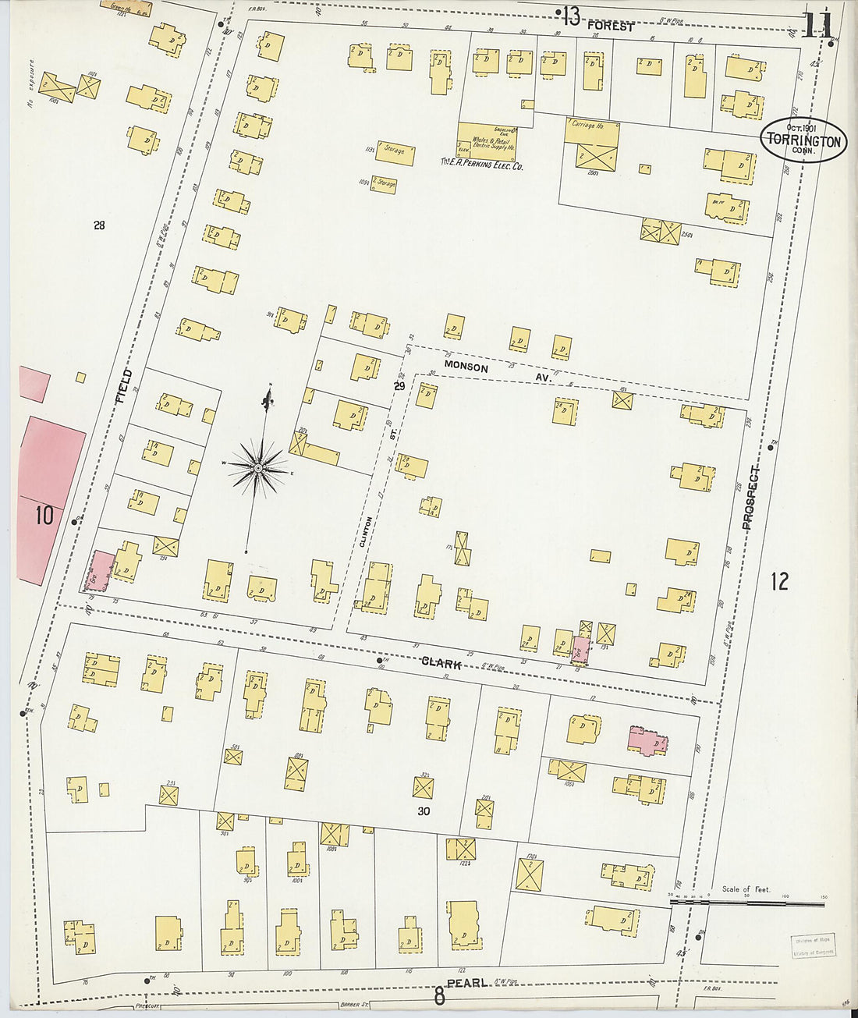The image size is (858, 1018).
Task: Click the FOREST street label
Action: click(x=611, y=26)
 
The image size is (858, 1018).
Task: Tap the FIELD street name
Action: click(x=124, y=386)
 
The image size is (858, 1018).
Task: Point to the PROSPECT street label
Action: click(x=750, y=498)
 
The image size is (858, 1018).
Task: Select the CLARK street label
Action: click(x=441, y=663)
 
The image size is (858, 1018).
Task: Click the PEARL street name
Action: click(x=466, y=984)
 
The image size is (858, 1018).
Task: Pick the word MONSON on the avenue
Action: click(x=466, y=367)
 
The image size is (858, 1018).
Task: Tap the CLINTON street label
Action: click(x=367, y=531)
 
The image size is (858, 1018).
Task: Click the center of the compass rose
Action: click(x=258, y=468)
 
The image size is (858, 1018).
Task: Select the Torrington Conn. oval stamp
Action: click(x=803, y=140)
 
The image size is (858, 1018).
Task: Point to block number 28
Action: click(x=99, y=225)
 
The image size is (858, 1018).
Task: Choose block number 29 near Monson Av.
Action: click(x=399, y=385)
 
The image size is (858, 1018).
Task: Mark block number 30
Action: click(x=423, y=811)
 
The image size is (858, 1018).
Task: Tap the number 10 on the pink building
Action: click(x=44, y=515)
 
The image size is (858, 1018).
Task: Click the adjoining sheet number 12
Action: click(x=778, y=581)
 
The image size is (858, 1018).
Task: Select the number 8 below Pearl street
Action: click(x=439, y=996)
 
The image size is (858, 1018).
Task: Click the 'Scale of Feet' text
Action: click(x=746, y=889)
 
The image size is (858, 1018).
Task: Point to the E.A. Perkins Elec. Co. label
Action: click(x=481, y=165)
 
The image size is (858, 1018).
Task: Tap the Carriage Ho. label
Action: click(x=587, y=125)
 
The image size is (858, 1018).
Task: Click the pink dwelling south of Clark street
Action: click(x=647, y=741)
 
